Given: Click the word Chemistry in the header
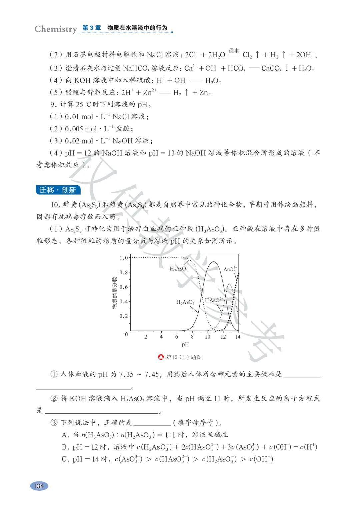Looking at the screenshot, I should click(55, 29).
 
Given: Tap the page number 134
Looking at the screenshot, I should click(39, 486).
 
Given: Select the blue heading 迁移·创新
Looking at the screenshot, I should click(58, 190).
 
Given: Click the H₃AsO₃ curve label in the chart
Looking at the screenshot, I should click(179, 269).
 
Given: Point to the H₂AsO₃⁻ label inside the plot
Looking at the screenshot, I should click(185, 302).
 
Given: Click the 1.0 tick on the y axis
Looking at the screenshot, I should click(123, 258).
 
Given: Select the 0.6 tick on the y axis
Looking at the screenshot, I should click(123, 287).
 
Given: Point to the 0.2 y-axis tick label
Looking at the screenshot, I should click(123, 316).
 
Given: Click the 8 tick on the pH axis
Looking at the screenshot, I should click(192, 337).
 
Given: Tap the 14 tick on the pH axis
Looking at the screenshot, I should click(237, 337).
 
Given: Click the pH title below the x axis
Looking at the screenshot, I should click(185, 345).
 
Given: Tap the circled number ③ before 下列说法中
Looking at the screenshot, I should click(54, 423).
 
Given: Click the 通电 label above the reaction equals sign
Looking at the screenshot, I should click(234, 51).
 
